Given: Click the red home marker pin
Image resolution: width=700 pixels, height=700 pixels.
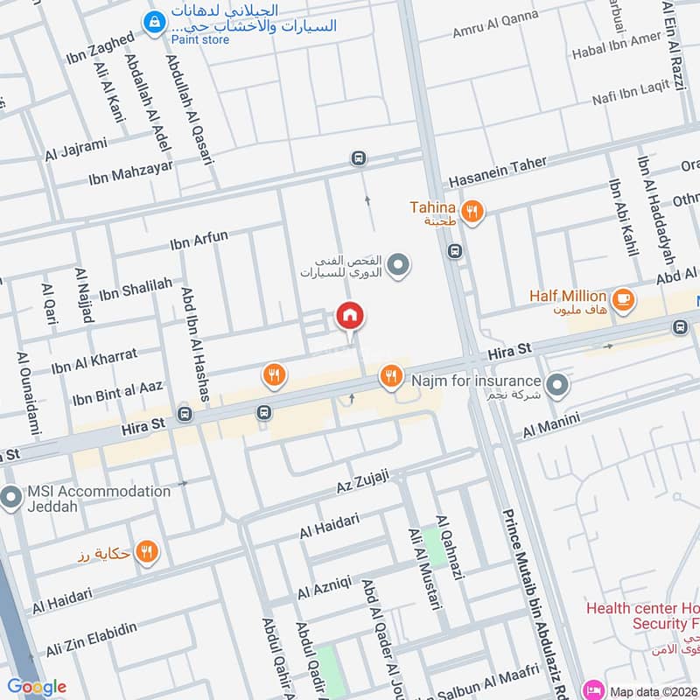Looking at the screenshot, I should tap(350, 316).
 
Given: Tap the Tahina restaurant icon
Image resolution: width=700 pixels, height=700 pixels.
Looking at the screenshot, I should tap(472, 210).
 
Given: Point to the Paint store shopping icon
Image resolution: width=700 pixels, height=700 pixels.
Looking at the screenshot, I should tap(155, 20).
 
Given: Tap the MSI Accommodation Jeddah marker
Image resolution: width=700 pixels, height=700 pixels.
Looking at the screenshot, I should tap(11, 498).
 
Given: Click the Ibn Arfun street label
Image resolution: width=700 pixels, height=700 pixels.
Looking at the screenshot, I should tap(199, 239).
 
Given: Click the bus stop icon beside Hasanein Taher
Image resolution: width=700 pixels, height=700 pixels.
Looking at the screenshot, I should tap(358, 158).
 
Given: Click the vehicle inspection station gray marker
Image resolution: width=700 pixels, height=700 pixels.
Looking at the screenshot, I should tap(398, 262).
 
